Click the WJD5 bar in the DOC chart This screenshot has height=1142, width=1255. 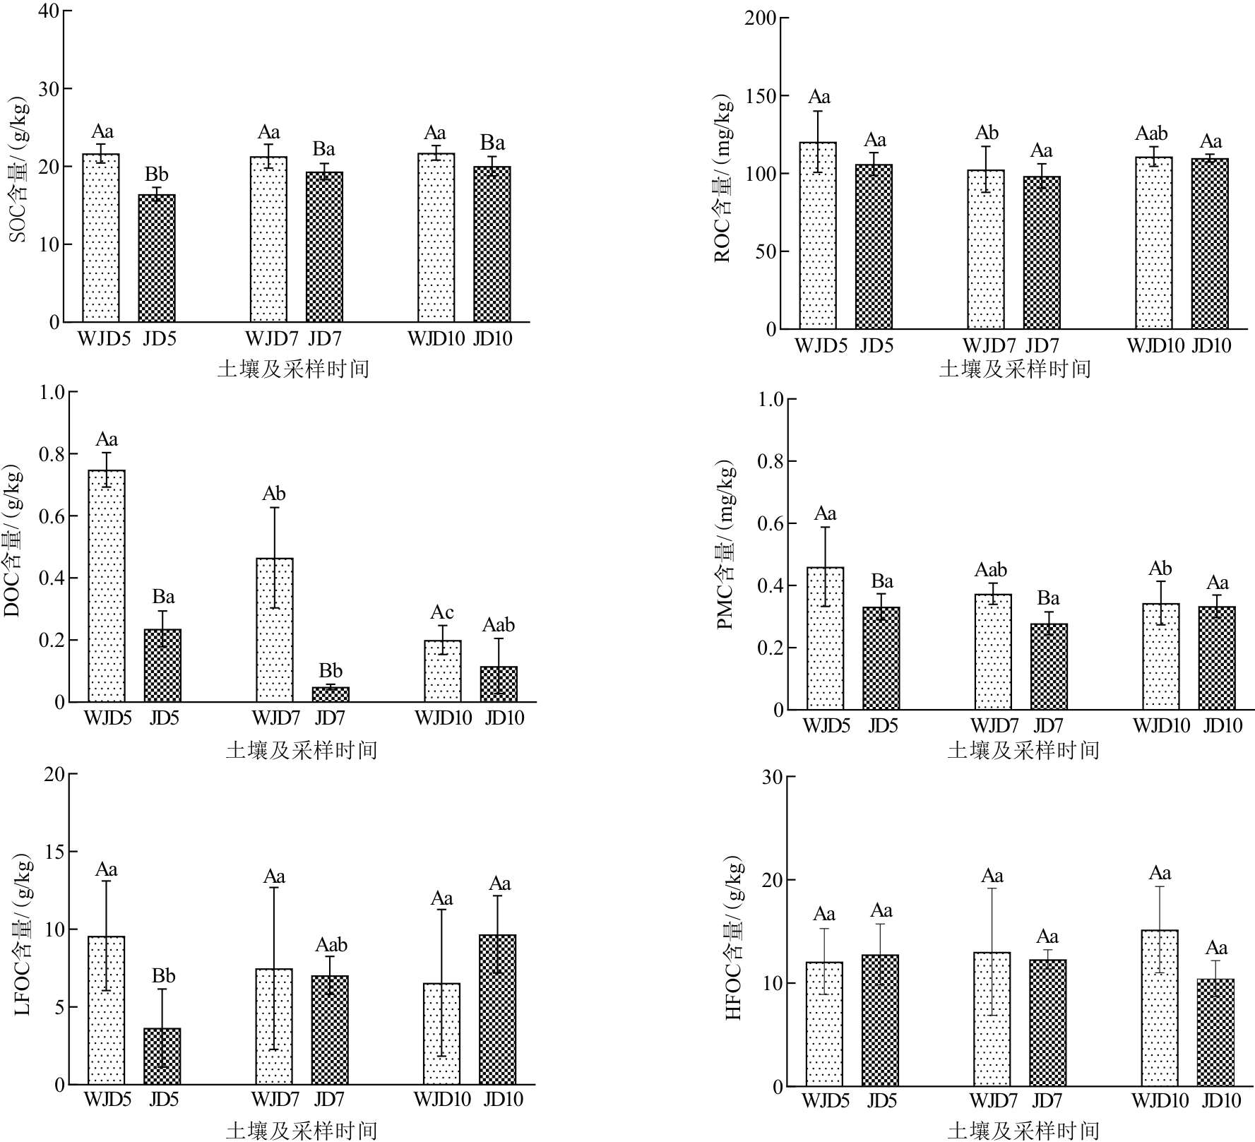(x=107, y=586)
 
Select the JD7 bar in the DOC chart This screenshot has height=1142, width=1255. (x=331, y=694)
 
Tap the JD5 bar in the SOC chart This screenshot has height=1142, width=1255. (x=157, y=258)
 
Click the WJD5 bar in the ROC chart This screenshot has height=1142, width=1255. (x=818, y=235)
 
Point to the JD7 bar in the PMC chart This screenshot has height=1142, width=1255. (x=1049, y=667)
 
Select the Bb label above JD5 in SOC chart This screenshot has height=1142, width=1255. (x=157, y=174)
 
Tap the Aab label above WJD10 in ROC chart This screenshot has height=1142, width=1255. (x=1151, y=133)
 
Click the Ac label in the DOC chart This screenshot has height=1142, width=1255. (x=442, y=612)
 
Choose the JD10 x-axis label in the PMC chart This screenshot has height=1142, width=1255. (x=1223, y=725)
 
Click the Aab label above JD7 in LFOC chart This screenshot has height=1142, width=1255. (x=331, y=945)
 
